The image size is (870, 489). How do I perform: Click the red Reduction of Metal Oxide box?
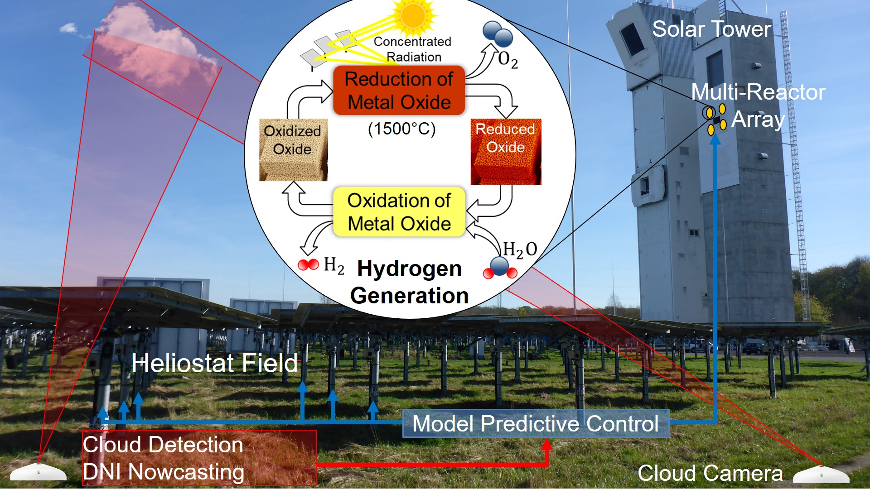point(399,91)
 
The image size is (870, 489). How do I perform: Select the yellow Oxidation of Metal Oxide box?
point(399,212)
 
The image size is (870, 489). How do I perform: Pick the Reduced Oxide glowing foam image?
point(506,152)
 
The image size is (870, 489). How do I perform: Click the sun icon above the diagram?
point(413,16)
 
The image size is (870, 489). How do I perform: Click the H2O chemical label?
point(520,249)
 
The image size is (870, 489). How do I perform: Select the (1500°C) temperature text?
point(401,129)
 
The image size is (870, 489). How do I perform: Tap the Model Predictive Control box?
point(536,424)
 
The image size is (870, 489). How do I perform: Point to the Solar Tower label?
point(711,29)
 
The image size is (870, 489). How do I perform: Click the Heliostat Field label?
point(214,363)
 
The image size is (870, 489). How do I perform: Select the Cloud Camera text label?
point(710,473)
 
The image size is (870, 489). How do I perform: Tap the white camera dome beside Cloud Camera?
point(821,475)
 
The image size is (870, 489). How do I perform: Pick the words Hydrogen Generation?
point(409,282)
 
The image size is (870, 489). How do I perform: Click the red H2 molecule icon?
point(309,264)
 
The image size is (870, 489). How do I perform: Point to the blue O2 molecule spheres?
point(498,34)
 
